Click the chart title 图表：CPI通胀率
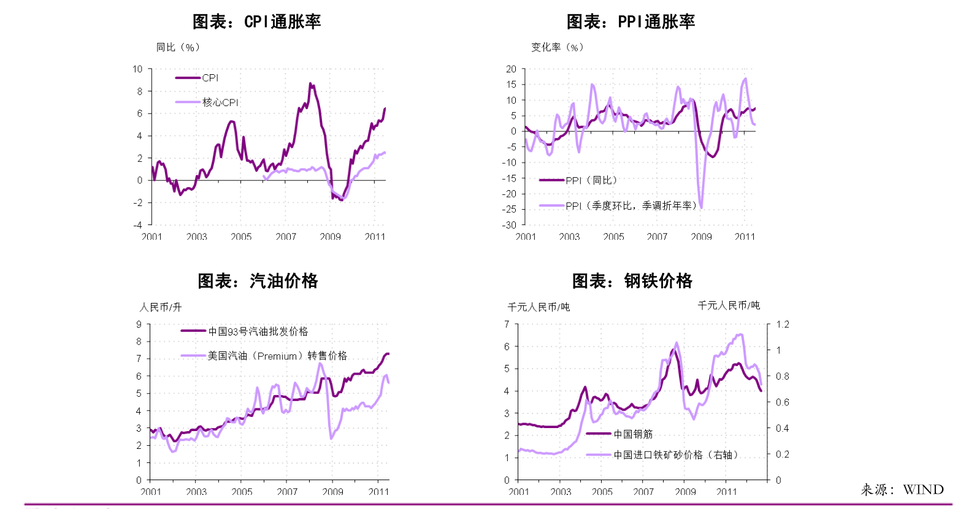point(256,22)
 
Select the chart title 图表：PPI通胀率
point(631,22)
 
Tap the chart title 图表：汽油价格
point(258,281)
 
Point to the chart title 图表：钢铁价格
point(632,281)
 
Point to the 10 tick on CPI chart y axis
point(137,69)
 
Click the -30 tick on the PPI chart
point(510,225)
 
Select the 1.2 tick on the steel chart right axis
point(783,324)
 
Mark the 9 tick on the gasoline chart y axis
point(139,324)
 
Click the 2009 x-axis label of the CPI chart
point(330,237)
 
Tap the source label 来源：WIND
point(902,489)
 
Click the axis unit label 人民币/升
point(161,307)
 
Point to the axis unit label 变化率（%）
point(557,47)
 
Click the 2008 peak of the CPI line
point(310,84)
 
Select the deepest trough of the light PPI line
point(700,207)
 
